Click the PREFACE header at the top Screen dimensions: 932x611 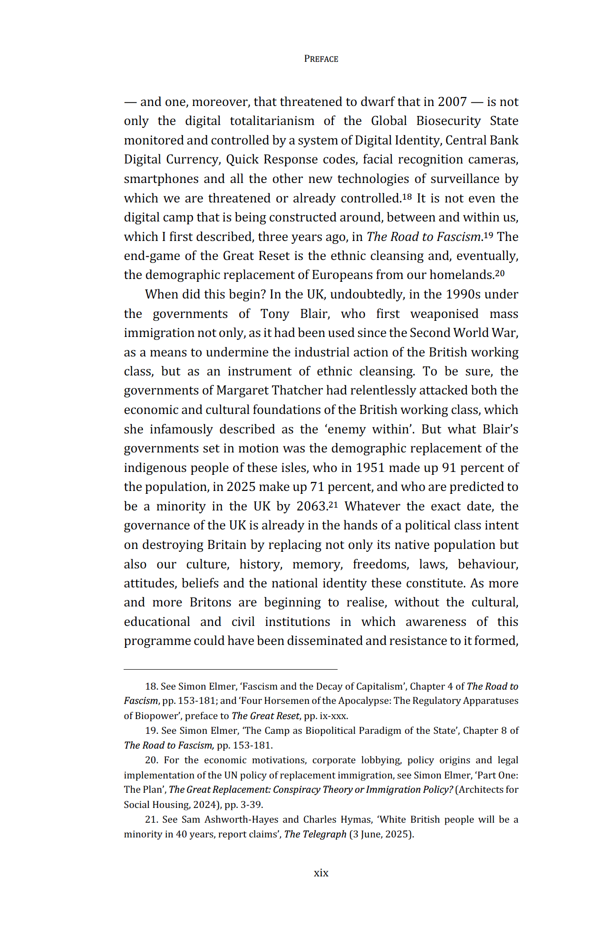pyautogui.click(x=321, y=59)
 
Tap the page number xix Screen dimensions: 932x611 pyautogui.click(x=321, y=873)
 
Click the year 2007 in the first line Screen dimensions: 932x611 pyautogui.click(x=452, y=102)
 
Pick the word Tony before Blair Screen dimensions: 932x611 pyautogui.click(x=274, y=314)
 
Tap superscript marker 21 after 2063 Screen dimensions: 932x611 pyautogui.click(x=333, y=504)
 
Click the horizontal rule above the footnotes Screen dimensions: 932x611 pyautogui.click(x=231, y=669)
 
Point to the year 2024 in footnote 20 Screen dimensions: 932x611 pyautogui.click(x=204, y=805)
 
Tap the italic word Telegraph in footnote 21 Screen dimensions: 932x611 pyautogui.click(x=326, y=835)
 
